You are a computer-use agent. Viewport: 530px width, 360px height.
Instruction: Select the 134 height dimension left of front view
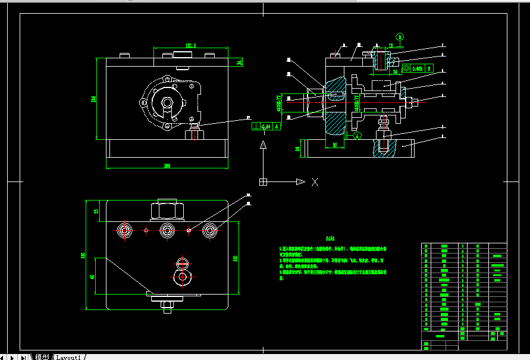(93, 99)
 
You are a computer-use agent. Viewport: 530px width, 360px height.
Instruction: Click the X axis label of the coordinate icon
(315, 182)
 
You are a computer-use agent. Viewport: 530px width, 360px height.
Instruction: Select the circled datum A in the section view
(357, 135)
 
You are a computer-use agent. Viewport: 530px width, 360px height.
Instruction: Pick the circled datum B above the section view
(400, 37)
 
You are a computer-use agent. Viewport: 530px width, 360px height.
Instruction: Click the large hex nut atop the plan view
(167, 210)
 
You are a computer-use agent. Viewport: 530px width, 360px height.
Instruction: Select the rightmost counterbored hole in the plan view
(209, 230)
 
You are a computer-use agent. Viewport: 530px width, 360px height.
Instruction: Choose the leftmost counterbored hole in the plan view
(125, 230)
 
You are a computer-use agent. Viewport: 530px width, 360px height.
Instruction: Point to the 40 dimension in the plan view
(93, 277)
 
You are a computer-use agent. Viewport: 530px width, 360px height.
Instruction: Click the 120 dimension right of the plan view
(236, 258)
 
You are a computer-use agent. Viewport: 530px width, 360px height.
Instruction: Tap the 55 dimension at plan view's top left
(96, 211)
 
